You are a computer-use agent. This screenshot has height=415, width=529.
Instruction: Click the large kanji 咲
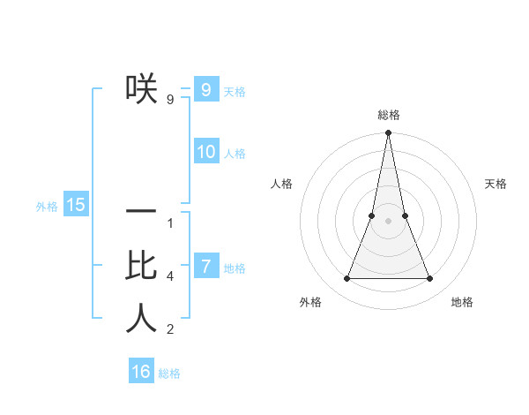pos(141,88)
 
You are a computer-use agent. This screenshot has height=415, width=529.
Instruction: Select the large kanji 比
pos(141,266)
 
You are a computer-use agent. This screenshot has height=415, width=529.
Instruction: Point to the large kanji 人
pos(141,318)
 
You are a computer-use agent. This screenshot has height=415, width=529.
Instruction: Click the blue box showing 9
pos(205,89)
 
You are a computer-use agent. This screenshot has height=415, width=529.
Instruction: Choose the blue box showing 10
pos(205,152)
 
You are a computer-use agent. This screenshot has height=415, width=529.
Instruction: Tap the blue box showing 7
pos(205,266)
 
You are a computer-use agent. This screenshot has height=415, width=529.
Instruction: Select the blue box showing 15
pos(76,205)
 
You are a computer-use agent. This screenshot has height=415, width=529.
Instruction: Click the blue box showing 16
pos(141,372)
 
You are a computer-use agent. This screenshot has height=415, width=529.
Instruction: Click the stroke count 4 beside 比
pos(170,276)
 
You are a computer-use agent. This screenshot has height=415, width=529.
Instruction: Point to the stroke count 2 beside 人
pos(170,329)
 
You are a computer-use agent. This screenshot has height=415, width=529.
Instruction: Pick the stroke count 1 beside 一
pos(170,223)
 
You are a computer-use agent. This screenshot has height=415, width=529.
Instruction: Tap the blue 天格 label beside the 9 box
pos(235,92)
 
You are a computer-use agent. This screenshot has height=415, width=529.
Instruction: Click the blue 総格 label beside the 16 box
pos(169,373)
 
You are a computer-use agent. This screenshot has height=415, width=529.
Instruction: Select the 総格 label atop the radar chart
pos(388,115)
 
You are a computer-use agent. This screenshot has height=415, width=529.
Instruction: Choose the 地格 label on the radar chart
pos(462,302)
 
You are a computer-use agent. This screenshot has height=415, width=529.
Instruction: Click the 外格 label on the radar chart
pos(310,302)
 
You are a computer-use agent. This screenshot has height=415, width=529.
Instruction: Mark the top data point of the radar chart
pos(388,133)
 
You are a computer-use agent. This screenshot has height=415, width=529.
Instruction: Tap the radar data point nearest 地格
pos(429,279)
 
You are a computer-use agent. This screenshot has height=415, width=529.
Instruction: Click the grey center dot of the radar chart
pos(388,221)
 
